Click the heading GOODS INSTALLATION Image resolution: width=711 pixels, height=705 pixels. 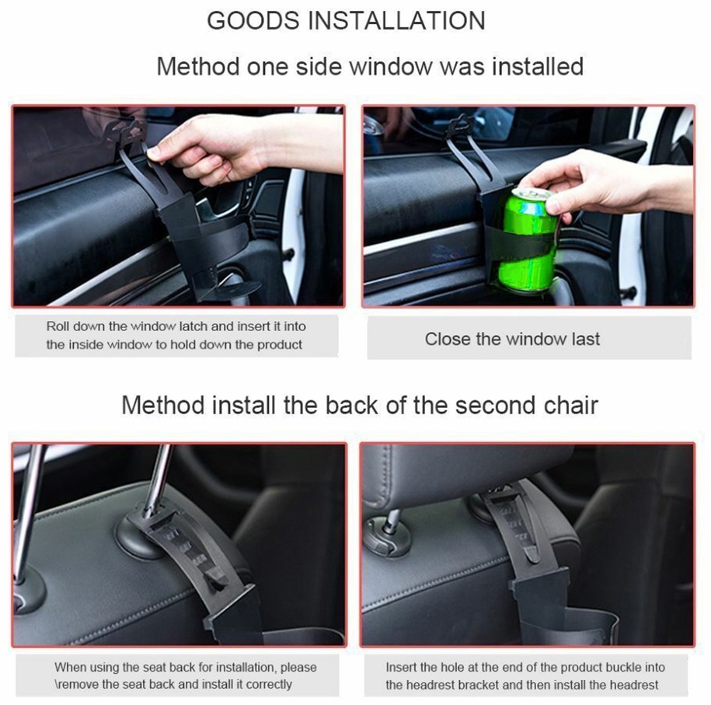coord(346,21)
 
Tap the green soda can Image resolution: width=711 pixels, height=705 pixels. coord(527,239)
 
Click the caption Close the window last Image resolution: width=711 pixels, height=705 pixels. coord(512,339)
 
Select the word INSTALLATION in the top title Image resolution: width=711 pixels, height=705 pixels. coord(396,21)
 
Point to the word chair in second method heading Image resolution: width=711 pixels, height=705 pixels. coord(571,405)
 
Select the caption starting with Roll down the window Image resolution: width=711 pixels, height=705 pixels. coord(176,335)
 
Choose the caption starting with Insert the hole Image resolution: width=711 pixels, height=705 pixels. coord(525,676)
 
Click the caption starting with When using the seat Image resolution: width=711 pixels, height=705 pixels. coord(185,675)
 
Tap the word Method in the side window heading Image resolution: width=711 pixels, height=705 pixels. coord(198,66)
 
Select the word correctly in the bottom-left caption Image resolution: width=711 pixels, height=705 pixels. coord(269,684)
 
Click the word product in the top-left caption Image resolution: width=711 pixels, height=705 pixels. coord(279,345)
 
